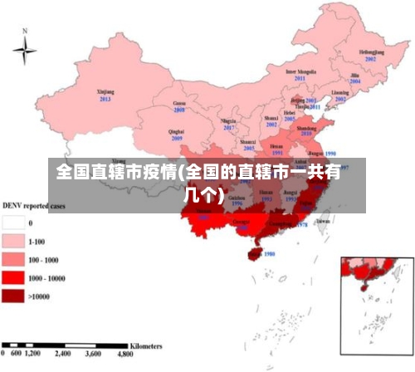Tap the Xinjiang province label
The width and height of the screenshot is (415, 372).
[x=105, y=91]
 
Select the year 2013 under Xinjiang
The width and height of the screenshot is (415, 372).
[x=105, y=99]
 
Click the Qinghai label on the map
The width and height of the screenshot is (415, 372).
[x=176, y=131]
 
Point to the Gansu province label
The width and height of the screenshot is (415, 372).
[x=179, y=102]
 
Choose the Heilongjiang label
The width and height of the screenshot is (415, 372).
[x=371, y=52]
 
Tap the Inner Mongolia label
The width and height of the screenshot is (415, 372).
[x=300, y=71]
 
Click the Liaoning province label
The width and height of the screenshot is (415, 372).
[x=340, y=92]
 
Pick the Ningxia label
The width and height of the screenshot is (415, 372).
[x=228, y=121]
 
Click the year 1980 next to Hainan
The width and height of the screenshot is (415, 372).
[x=269, y=254]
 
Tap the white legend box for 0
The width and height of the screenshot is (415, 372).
[x=12, y=223]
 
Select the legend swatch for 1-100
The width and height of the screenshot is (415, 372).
[x=12, y=242]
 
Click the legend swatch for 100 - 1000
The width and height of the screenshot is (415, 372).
[x=12, y=260]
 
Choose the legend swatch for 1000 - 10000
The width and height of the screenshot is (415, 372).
[x=12, y=278]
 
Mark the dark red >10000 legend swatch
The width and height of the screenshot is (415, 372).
[x=12, y=296]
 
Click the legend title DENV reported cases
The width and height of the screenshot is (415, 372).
[x=34, y=205]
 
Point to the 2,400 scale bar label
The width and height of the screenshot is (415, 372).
[x=64, y=354]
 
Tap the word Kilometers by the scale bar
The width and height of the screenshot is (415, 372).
[x=145, y=344]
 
